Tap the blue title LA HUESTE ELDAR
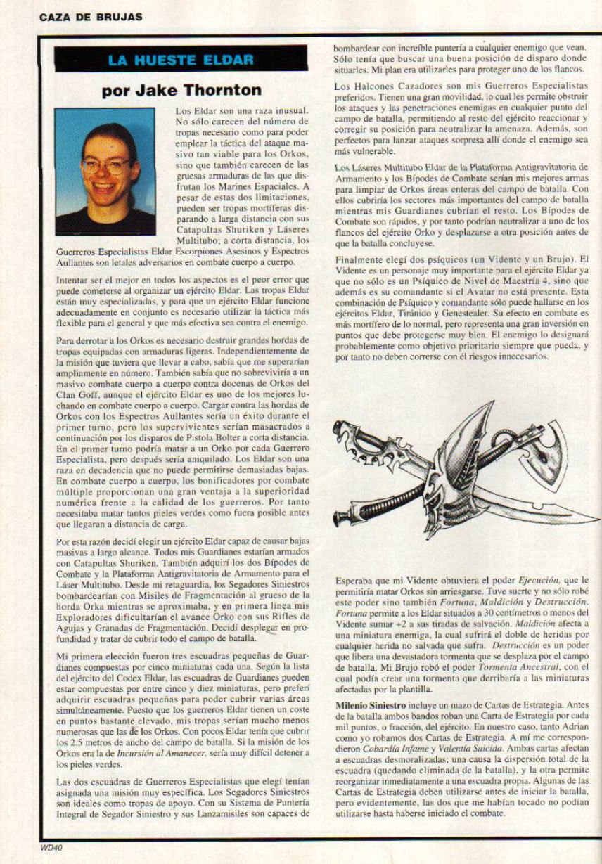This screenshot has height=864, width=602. tap(181, 60)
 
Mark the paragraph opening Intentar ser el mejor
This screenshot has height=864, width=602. tap(96, 280)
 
